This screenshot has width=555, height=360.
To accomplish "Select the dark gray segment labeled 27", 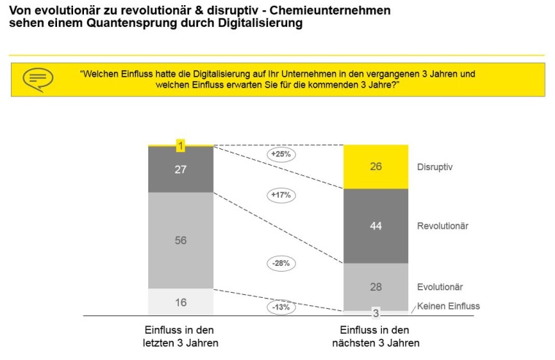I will [180, 170].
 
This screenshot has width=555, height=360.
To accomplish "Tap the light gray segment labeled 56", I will [180, 240].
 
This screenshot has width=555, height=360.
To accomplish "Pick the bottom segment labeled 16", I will [180, 302].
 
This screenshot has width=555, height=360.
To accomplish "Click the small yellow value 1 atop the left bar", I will [180, 146].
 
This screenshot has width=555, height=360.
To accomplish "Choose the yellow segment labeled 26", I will [375, 166].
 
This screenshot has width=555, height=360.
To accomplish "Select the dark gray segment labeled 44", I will [375, 226].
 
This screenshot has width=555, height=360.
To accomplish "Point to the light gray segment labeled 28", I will [375, 287].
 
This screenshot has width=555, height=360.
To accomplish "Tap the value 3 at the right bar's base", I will [375, 314].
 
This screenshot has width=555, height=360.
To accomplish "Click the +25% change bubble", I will [280, 155].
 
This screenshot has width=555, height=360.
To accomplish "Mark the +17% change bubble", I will [280, 195].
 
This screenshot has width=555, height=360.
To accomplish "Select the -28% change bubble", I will [280, 262].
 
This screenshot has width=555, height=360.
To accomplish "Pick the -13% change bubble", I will [280, 307].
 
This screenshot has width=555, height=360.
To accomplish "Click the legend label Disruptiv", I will [435, 167].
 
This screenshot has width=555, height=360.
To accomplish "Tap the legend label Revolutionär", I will [443, 226].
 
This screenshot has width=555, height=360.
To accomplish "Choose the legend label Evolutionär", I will [440, 287].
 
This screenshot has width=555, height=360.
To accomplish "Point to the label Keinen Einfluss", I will [448, 306].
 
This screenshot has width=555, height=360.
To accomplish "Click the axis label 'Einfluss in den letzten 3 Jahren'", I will [180, 337].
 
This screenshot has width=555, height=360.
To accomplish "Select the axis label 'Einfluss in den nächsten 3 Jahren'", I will [376, 337].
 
